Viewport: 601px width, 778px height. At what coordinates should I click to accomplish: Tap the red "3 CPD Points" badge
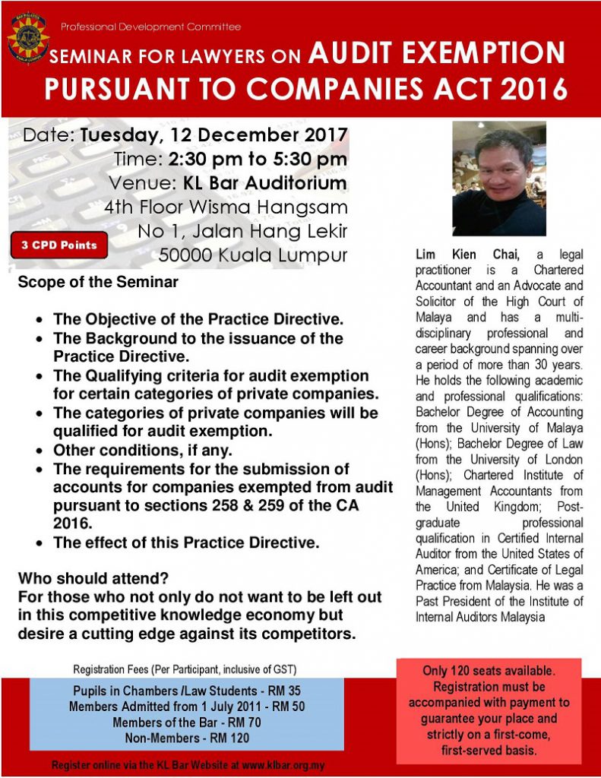(59, 245)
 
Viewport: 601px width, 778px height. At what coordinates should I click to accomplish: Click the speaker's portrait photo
(498, 179)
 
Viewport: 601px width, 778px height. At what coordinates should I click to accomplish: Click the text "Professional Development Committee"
(150, 27)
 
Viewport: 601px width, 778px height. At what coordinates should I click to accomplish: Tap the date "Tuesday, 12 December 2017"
(214, 136)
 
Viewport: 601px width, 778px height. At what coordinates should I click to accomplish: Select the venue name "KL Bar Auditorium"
(264, 183)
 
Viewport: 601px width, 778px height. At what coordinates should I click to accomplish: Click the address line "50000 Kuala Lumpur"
(253, 254)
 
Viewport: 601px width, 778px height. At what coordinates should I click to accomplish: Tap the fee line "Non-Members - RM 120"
(180, 738)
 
